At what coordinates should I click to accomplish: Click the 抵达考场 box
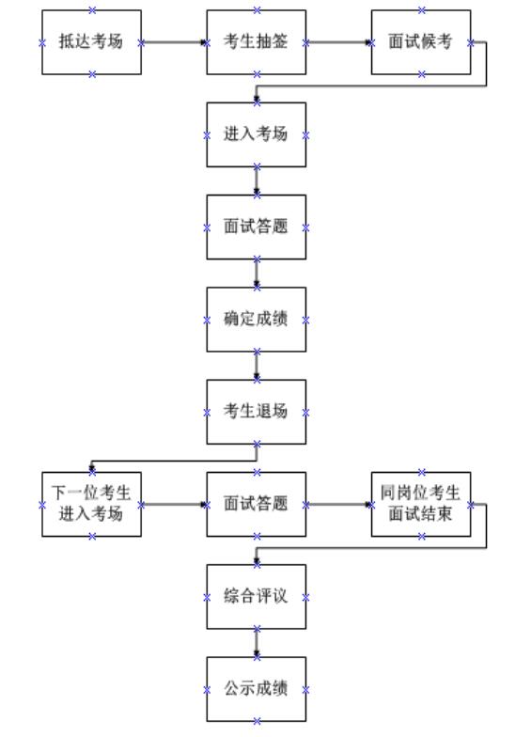coord(92,42)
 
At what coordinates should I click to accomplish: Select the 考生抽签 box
coord(256,42)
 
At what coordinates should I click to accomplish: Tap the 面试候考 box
coord(421,42)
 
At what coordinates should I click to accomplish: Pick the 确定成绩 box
coord(256,320)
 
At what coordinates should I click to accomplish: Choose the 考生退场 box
coord(256,412)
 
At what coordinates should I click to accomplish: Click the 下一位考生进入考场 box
coord(92,504)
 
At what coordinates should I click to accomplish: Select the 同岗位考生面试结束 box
coord(421,504)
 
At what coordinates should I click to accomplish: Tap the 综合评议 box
coord(256,597)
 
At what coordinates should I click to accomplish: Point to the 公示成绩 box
coord(256,689)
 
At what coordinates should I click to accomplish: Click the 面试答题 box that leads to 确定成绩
coord(256,227)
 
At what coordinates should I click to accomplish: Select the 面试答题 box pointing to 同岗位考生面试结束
coord(256,504)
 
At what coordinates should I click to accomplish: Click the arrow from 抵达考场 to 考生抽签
coord(174,42)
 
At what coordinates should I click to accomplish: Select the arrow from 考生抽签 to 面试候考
coord(338,42)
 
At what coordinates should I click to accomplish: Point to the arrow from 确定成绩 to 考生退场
coord(257,366)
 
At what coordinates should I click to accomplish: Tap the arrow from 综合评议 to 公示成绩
coord(257,643)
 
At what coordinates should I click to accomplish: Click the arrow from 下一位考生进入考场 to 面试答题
coord(174,504)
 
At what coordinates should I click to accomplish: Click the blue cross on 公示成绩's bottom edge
coord(257,721)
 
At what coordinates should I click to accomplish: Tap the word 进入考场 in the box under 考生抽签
coord(256,134)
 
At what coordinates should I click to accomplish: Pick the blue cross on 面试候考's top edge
coord(421,9)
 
